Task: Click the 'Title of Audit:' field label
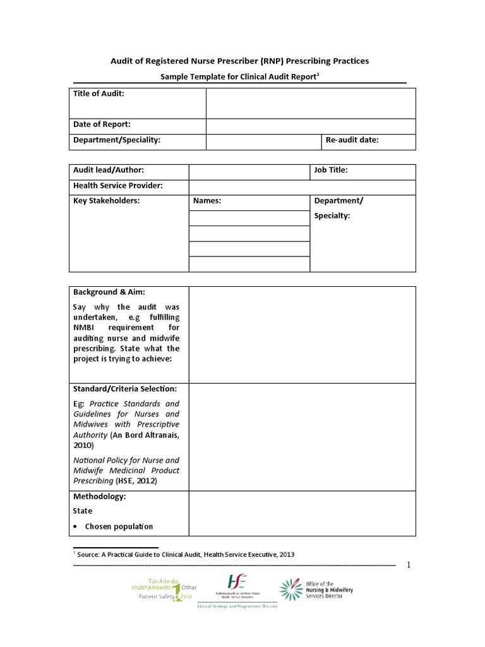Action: tap(99, 94)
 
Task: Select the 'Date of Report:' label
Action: tap(102, 124)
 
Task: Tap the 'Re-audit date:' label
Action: tap(352, 140)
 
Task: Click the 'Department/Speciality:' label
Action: tap(117, 140)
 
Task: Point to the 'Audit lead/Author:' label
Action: tap(109, 170)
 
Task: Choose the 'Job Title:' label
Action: tap(331, 170)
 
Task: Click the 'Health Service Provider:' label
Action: tap(118, 186)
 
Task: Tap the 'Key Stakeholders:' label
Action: tap(106, 201)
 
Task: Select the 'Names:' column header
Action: tap(207, 202)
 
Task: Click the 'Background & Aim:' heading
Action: tap(109, 292)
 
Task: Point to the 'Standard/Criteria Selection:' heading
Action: tap(125, 389)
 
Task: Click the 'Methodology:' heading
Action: tap(100, 497)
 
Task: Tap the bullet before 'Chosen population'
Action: tap(76, 527)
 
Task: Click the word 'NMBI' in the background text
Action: tap(86, 328)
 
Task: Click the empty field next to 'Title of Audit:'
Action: tap(311, 103)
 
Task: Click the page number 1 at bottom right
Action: tap(409, 565)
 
